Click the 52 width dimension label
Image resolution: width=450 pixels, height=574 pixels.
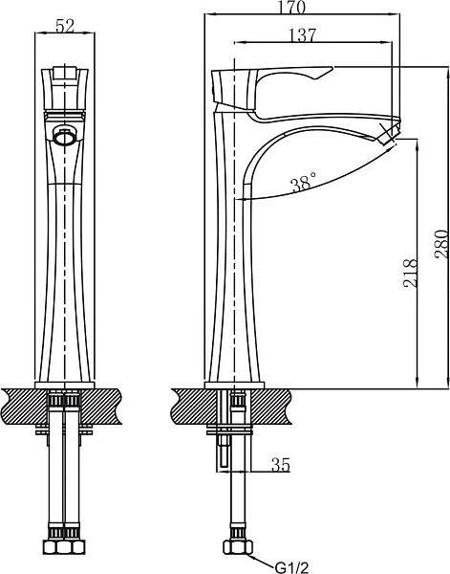(65, 27)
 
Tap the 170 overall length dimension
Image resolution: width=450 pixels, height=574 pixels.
(291, 8)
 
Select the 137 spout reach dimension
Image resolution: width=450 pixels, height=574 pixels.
(302, 35)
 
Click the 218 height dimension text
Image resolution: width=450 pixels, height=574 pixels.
(410, 273)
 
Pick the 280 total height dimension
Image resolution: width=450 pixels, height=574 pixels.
(440, 244)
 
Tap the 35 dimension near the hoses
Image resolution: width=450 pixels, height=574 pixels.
(280, 465)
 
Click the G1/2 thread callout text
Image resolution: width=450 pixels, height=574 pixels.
(291, 567)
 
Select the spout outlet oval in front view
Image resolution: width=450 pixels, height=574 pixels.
(65, 138)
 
